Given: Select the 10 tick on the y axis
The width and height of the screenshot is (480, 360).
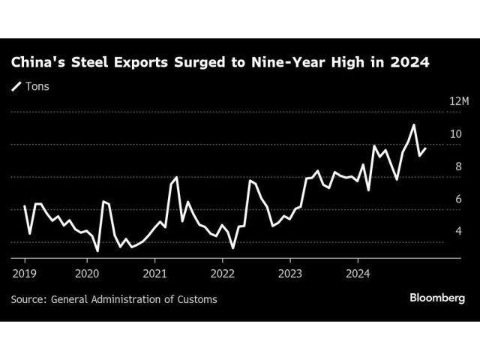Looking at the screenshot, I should click(x=454, y=134).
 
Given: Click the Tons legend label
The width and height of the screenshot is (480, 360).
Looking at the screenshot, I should click(x=37, y=86).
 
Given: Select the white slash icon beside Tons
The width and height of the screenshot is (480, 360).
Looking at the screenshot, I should click(x=16, y=86).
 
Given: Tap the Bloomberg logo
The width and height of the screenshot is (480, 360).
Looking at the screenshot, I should click(x=436, y=298).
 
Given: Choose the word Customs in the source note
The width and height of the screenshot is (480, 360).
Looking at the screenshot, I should click(x=196, y=299).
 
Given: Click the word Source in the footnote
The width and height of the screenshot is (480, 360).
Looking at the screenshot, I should click(x=28, y=299).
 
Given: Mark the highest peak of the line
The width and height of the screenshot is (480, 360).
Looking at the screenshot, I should click(x=413, y=124).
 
